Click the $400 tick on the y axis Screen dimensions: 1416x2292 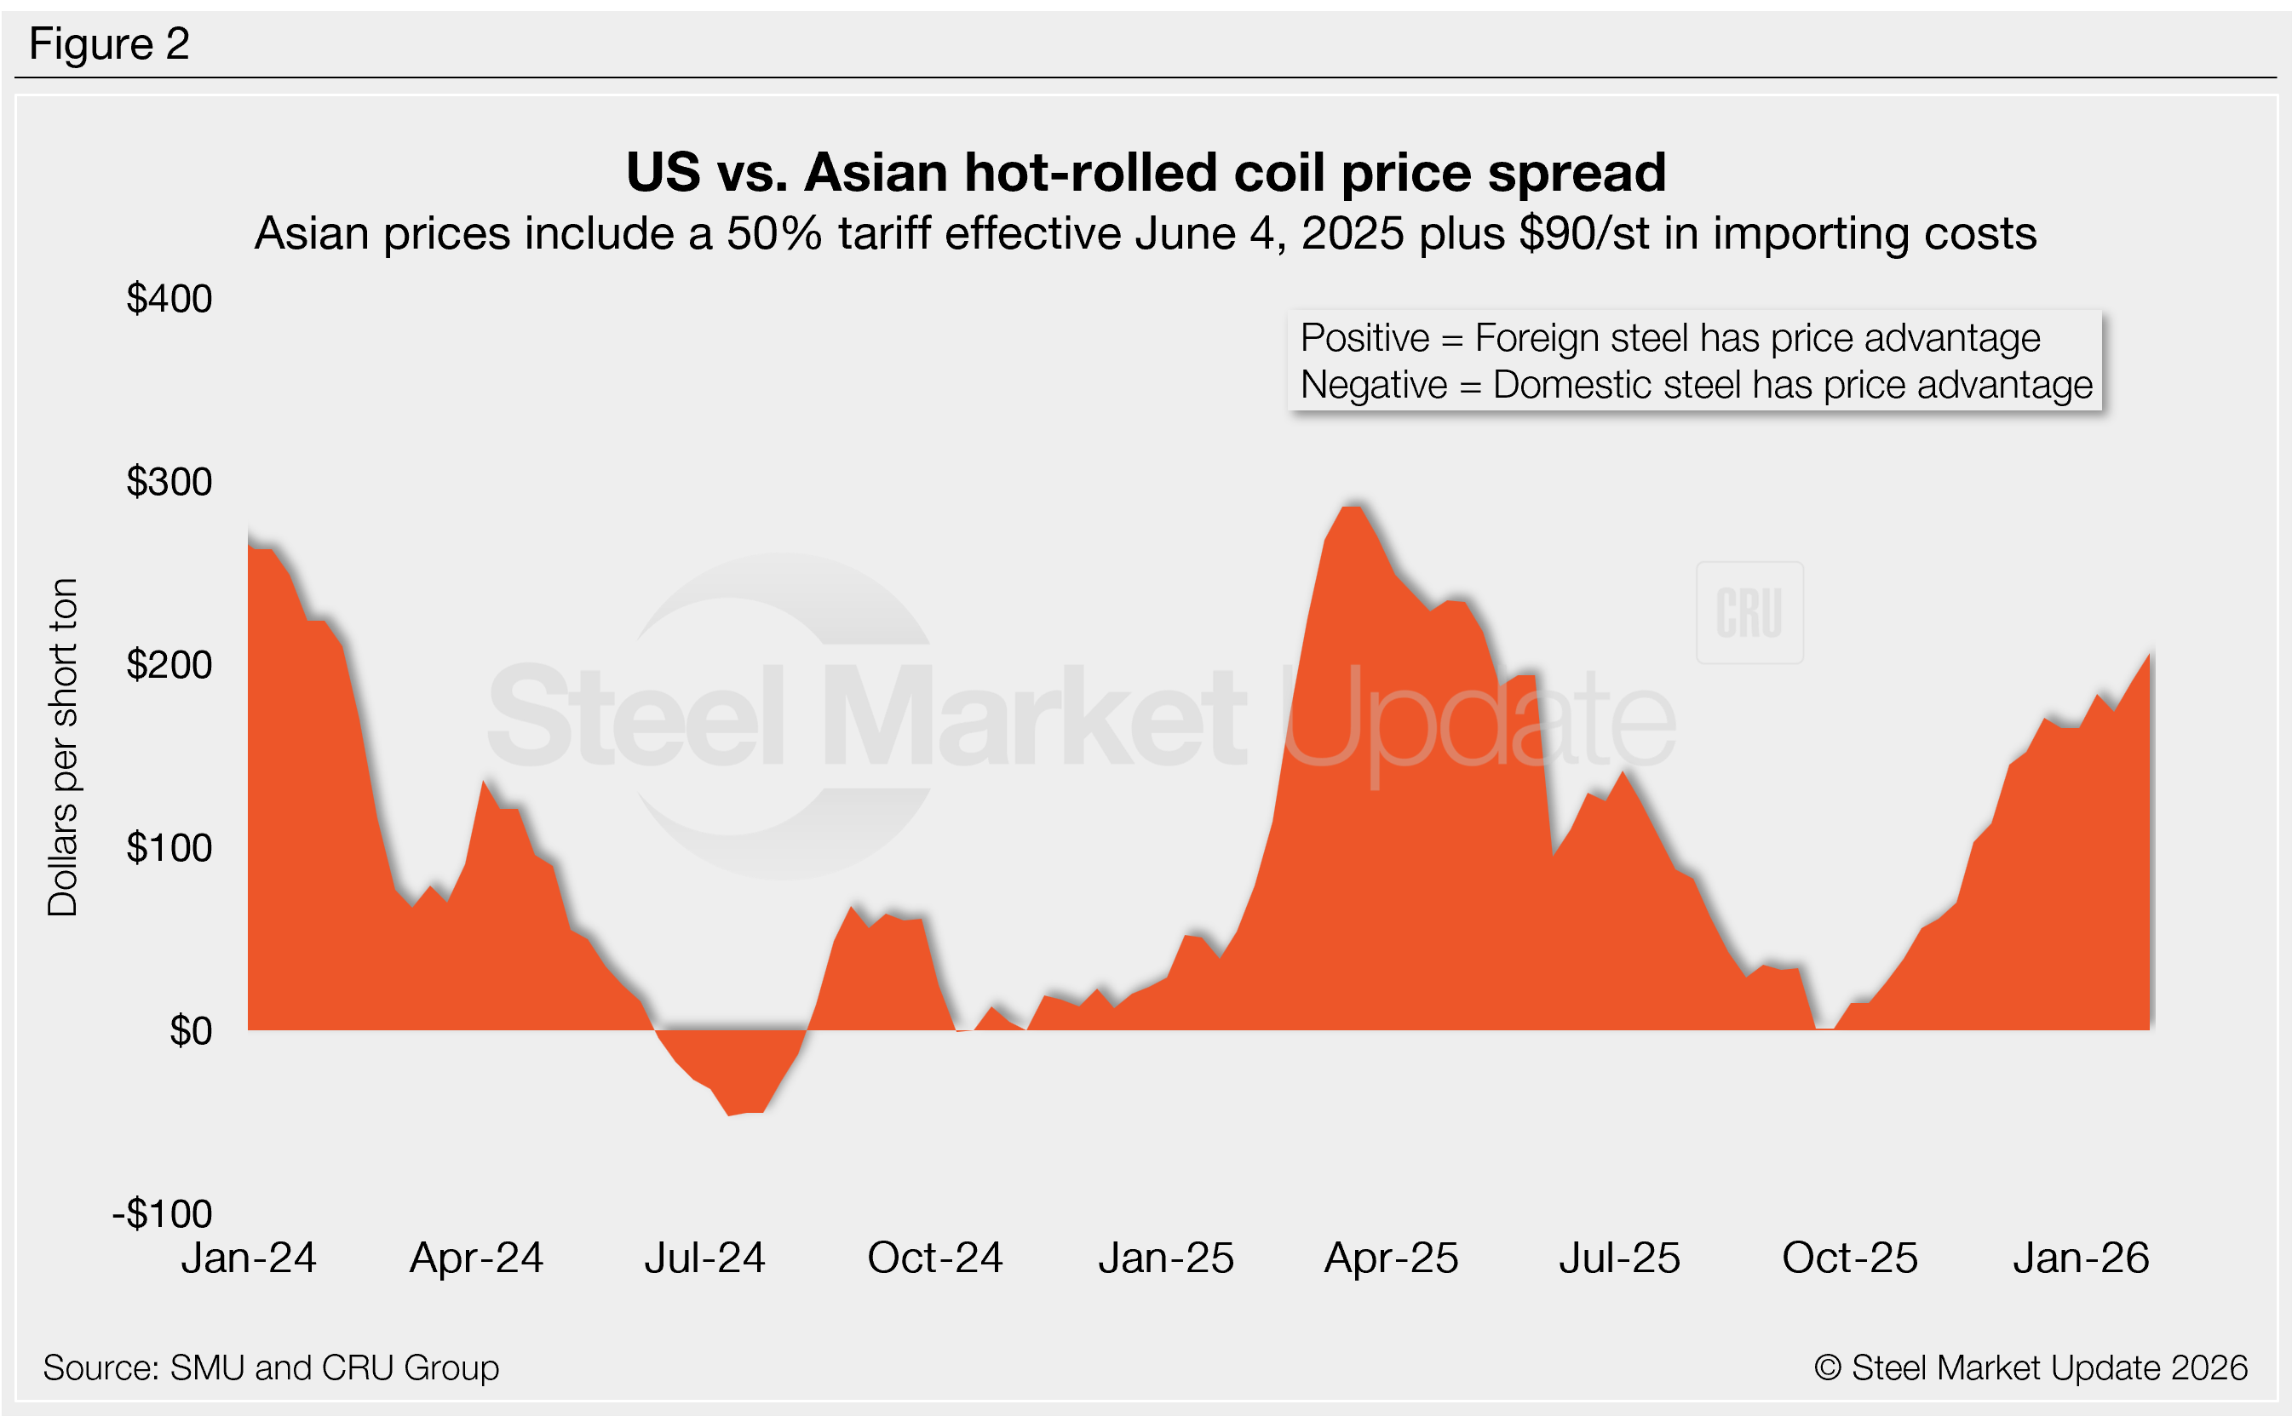169,299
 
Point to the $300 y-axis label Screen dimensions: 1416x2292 169,482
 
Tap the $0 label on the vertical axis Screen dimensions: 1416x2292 190,1031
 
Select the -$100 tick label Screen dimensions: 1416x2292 163,1213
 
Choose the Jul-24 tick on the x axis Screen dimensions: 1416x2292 704,1258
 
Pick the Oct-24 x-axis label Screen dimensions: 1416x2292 935,1258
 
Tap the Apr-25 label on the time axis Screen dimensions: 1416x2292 1391,1258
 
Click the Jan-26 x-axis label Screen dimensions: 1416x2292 2080,1258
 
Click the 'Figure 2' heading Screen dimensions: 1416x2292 109,44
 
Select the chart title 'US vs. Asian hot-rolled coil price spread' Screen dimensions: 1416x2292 1146,172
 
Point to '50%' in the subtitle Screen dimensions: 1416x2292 773,233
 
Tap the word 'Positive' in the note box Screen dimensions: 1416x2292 1364,338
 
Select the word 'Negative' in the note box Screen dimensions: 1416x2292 1373,385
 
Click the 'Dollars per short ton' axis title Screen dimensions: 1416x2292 63,747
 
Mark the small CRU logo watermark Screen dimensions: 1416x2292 1749,613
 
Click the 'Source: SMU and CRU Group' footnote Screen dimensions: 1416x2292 271,1368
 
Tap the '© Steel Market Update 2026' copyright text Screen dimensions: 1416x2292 2031,1368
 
